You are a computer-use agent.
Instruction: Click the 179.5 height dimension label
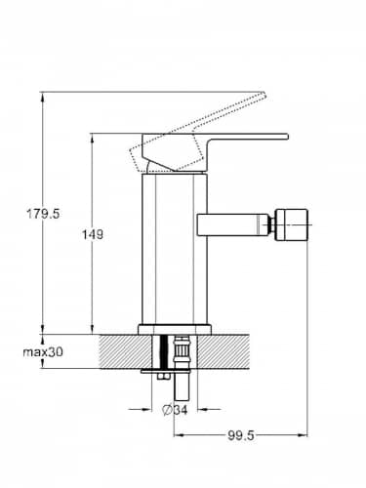(43, 214)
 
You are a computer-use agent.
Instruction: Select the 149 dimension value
(92, 234)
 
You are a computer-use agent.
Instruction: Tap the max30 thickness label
(43, 351)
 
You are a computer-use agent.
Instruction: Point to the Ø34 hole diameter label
(175, 410)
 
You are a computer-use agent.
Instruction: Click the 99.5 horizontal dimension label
(240, 435)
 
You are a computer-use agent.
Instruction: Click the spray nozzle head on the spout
(291, 224)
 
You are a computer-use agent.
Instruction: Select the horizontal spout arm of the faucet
(231, 224)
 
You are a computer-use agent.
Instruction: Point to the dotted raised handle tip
(263, 96)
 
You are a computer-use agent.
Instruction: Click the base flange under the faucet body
(175, 329)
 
